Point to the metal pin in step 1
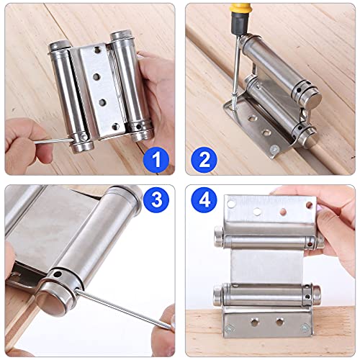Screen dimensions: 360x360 43,141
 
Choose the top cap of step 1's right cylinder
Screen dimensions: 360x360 121,34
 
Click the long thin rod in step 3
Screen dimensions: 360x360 115,310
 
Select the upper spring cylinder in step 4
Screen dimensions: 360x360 266,236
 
